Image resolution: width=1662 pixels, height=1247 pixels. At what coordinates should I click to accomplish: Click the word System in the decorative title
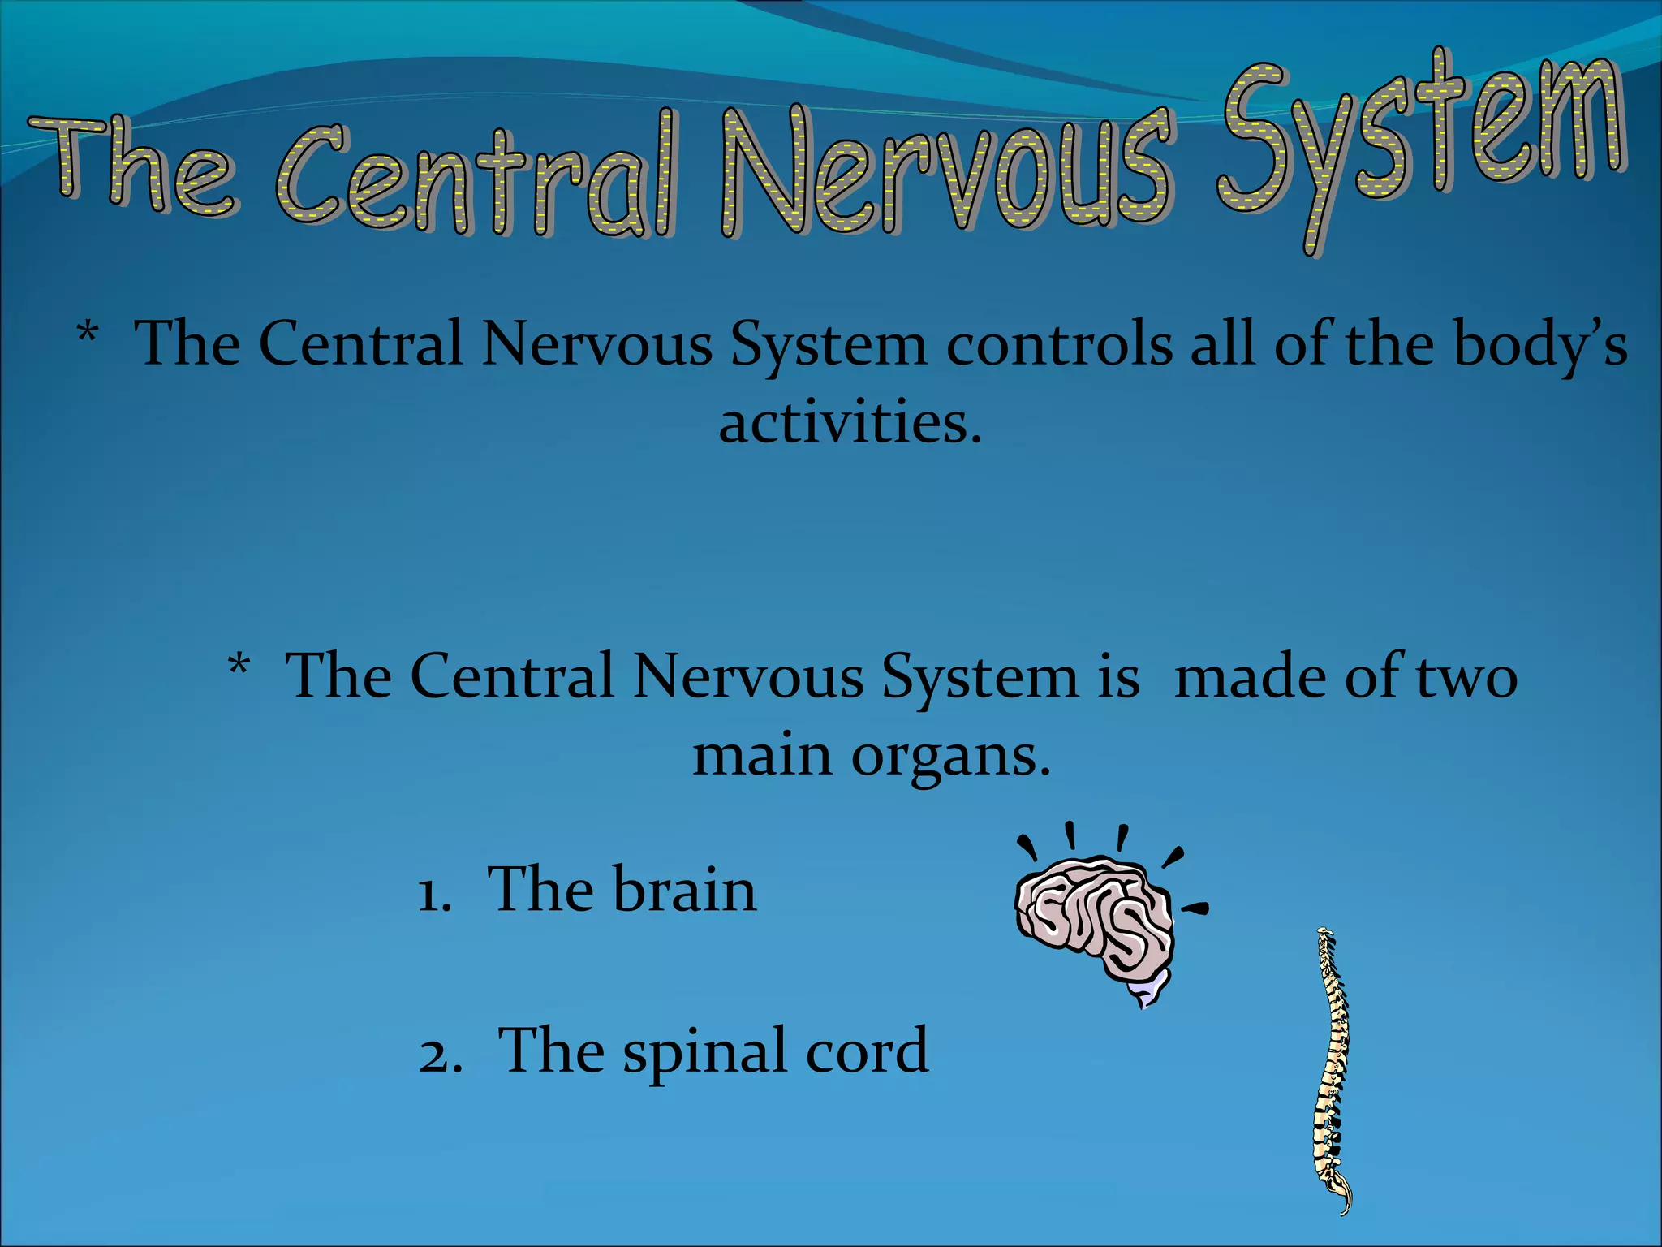[1420, 138]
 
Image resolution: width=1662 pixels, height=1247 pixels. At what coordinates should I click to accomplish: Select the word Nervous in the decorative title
[945, 170]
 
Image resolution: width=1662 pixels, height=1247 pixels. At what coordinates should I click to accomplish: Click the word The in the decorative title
[134, 166]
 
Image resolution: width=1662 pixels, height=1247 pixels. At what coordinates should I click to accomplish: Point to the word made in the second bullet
[1250, 676]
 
